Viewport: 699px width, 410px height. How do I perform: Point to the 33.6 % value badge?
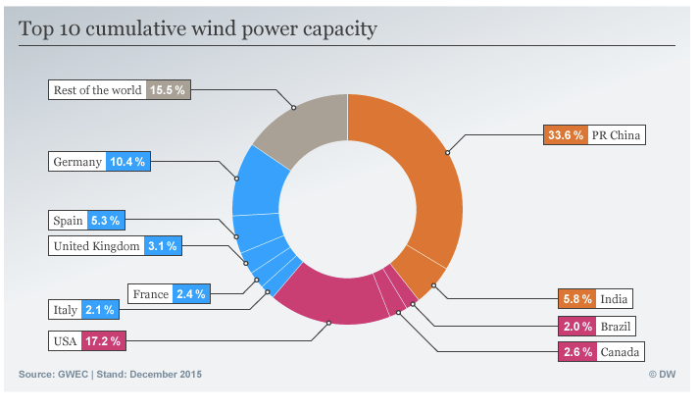[x=565, y=135]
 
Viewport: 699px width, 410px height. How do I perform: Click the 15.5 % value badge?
[x=167, y=89]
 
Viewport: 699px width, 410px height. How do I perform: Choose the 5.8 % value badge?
[x=574, y=298]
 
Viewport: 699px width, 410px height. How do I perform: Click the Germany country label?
[x=77, y=161]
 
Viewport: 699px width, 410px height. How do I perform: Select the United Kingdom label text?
[x=96, y=246]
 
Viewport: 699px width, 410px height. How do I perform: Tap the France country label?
[x=151, y=292]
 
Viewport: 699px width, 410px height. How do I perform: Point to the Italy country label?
[x=65, y=310]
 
